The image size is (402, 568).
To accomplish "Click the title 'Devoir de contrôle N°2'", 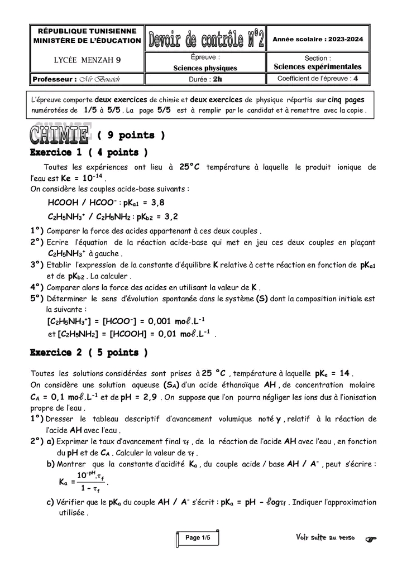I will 205,40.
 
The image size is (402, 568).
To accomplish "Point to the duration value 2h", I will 217,79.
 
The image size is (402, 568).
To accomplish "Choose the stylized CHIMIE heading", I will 60,134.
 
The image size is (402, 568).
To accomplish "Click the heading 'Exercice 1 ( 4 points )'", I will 88,152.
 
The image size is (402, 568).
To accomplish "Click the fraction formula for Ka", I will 82,482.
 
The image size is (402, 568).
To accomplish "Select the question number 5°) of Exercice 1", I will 37,299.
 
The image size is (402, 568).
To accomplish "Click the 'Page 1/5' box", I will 198,538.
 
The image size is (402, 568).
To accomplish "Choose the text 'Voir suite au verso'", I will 325,538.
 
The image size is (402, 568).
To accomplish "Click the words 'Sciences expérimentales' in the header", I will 318,67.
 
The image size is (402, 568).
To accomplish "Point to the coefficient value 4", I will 356,79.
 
